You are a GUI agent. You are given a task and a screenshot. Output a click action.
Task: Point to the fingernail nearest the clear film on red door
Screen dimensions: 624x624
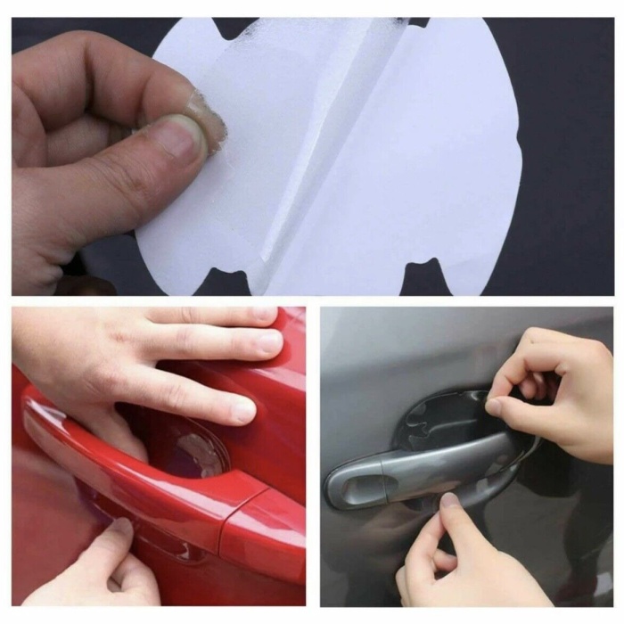tap(242, 409)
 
